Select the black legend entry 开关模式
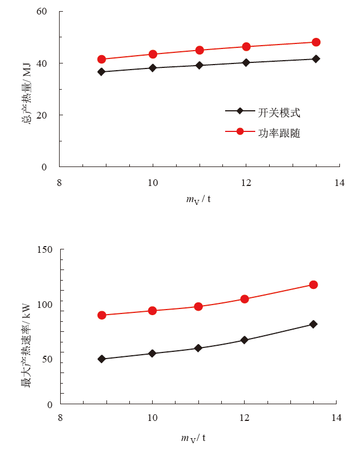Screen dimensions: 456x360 [279, 112]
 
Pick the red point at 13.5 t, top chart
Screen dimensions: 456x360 [316, 42]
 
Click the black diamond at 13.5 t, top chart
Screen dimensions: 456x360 [316, 59]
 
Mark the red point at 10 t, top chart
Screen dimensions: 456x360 [153, 54]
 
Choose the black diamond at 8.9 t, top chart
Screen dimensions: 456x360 [101, 72]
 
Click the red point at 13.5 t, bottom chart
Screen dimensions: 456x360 [314, 285]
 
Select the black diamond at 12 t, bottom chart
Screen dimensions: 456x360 [244, 340]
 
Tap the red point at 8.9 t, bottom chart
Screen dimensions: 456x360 [101, 315]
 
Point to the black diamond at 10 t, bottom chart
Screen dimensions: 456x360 [152, 354]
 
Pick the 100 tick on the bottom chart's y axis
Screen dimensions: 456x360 [45, 305]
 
